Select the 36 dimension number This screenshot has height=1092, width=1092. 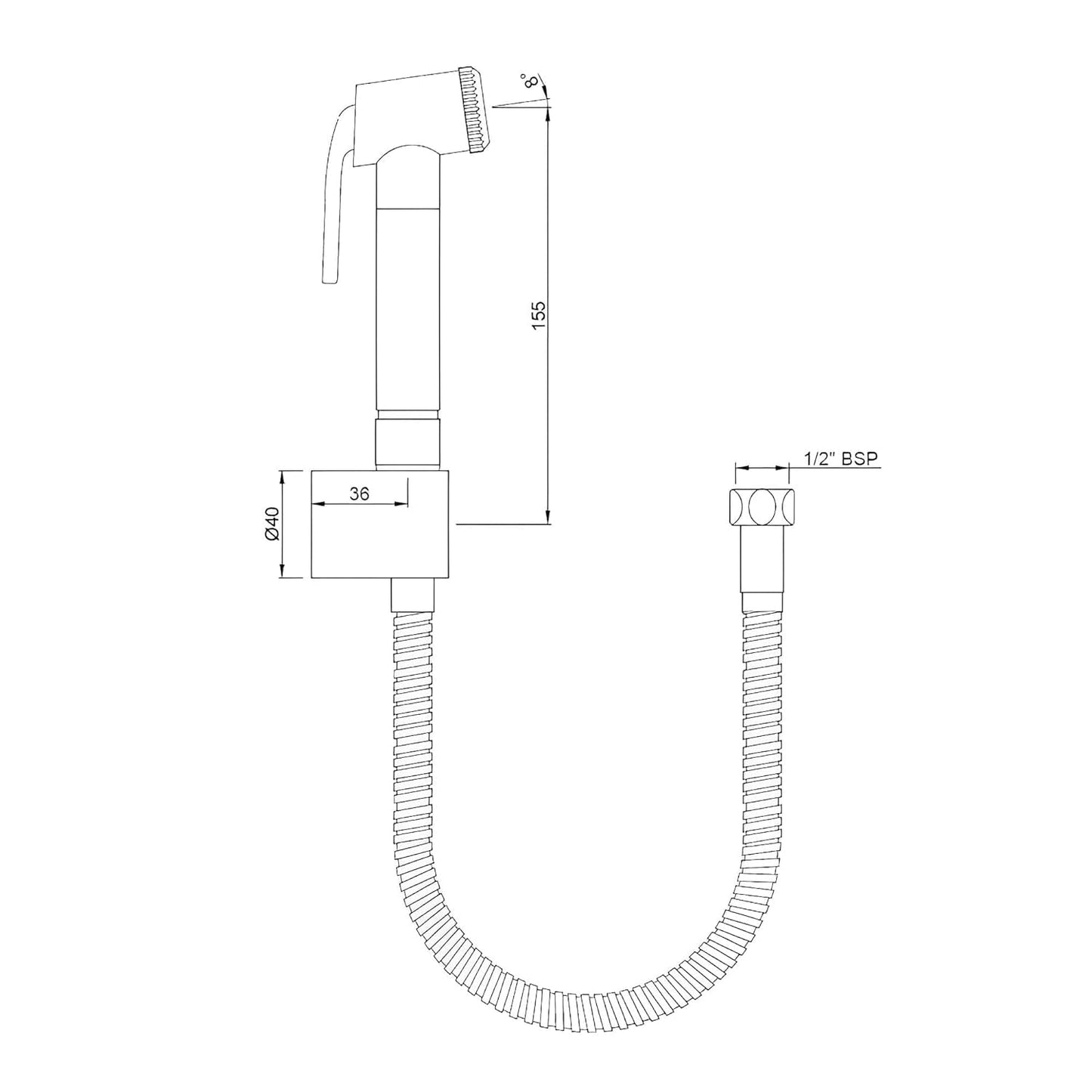click(360, 493)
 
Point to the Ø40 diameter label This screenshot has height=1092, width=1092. click(273, 523)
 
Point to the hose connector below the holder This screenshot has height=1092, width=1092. click(413, 596)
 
